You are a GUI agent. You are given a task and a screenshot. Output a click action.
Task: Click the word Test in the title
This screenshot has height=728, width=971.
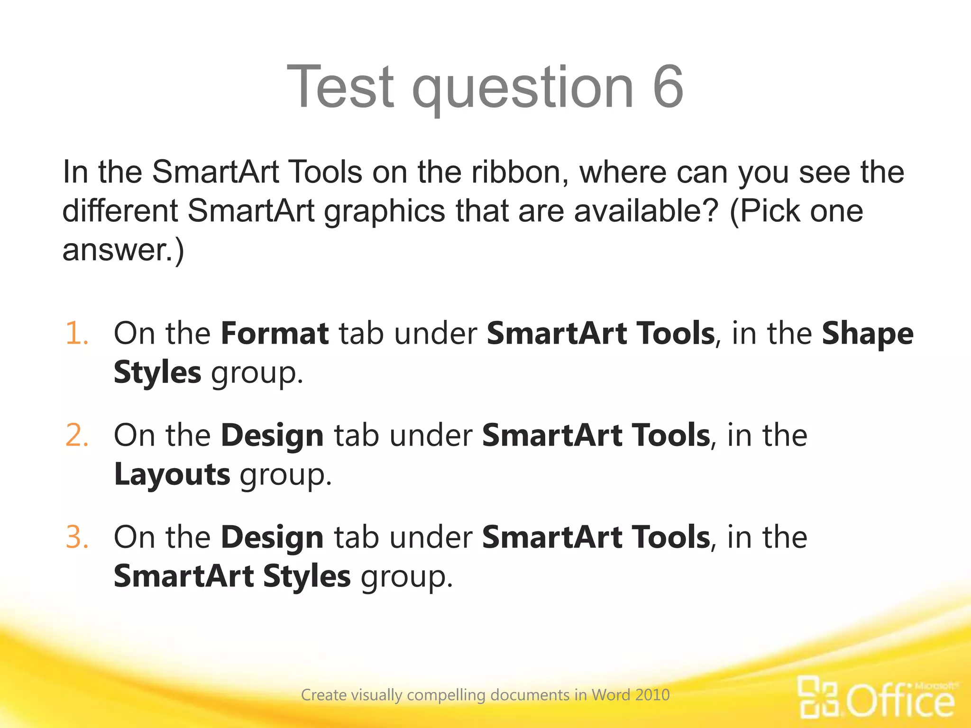pos(340,87)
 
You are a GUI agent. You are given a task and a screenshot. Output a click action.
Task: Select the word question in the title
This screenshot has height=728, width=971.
pos(522,90)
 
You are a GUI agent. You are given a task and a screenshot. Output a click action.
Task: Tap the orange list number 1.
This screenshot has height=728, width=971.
pos(77,333)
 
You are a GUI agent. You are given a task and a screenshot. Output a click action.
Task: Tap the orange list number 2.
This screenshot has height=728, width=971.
pos(77,435)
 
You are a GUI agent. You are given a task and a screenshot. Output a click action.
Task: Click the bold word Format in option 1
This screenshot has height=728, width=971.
pos(275,333)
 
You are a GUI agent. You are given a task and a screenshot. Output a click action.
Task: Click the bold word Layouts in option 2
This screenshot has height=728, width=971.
pos(172,475)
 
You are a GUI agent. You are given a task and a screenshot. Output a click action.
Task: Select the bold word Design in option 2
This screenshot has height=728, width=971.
pos(272,436)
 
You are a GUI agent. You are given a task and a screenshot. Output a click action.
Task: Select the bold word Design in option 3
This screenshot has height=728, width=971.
pos(272,538)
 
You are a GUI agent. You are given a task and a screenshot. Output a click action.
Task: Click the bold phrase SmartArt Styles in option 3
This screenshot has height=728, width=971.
pos(232,576)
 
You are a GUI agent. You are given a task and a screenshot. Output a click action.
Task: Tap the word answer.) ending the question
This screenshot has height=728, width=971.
pos(123,250)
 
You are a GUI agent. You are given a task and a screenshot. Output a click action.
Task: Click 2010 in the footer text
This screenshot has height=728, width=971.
pos(652,695)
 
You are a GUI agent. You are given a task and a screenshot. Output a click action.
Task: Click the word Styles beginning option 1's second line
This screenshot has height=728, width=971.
pos(157,373)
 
